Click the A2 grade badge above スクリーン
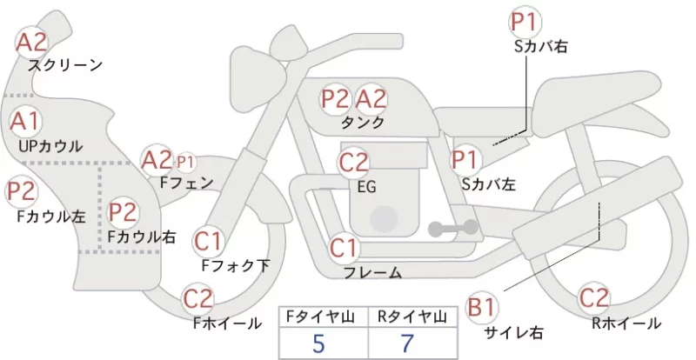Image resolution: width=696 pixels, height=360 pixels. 31,43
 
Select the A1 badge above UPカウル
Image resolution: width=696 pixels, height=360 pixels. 25,121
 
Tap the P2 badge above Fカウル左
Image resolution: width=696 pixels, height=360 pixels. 21,191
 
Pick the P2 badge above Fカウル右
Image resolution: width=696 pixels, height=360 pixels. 123,212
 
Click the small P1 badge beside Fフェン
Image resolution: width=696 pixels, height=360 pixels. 185,163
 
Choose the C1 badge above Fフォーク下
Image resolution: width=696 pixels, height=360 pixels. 208,242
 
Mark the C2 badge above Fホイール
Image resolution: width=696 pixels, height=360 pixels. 198,299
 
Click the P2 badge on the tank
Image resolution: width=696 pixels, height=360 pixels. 336,99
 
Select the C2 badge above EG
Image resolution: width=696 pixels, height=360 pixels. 354,163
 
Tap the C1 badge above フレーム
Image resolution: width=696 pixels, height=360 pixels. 344,248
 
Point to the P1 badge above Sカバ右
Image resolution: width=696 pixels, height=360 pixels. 526,23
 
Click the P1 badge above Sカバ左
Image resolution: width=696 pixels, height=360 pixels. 465,159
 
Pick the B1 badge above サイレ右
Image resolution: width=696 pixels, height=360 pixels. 482,307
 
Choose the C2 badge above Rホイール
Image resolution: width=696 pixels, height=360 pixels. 594,298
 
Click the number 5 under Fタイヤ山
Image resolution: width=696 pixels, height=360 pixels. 318,343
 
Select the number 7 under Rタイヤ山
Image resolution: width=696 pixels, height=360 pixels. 407,343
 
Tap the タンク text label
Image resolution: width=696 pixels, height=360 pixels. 363,122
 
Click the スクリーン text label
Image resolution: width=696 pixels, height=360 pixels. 65,65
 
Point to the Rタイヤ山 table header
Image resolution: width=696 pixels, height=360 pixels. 412,317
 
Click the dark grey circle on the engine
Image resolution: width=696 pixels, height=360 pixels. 384,219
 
